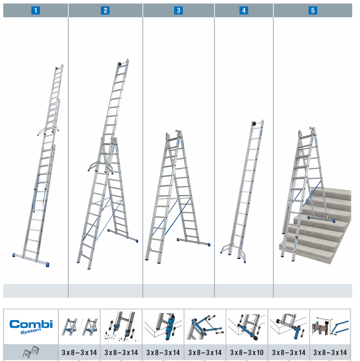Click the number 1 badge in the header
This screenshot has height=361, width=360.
35,10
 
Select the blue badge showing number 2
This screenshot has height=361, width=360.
105,10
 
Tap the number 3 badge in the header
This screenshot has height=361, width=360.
178,10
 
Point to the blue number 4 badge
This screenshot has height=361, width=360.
244,10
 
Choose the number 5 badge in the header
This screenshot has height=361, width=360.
313,10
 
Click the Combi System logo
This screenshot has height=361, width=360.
31,326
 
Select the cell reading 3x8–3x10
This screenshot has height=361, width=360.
247,352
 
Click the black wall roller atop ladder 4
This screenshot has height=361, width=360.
255,124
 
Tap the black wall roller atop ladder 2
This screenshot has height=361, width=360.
120,64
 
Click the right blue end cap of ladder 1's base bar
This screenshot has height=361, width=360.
47,265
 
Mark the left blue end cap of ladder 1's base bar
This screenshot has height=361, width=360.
14,255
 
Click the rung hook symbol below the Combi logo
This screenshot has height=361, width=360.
31,352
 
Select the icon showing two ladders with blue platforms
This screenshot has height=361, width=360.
79,326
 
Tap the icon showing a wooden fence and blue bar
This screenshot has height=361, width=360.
330,326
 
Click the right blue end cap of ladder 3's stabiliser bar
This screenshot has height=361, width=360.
209,244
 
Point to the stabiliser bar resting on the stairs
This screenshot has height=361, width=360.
321,219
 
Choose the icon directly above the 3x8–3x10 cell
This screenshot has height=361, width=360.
247,326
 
